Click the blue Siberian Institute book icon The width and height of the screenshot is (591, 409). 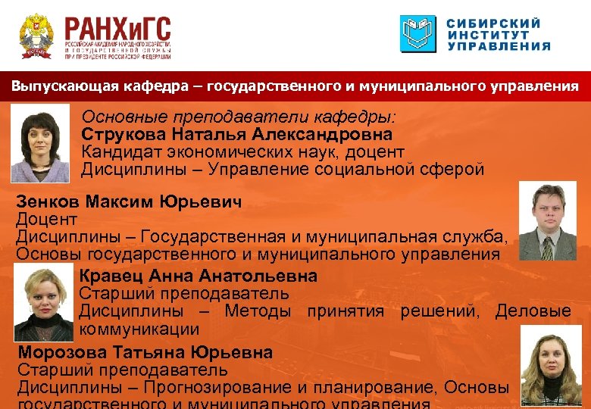tap(418, 34)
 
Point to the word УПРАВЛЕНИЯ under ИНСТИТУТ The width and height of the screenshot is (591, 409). tap(499, 46)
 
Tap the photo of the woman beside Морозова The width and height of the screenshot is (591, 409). tap(551, 367)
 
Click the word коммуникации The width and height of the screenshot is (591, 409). tap(139, 329)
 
